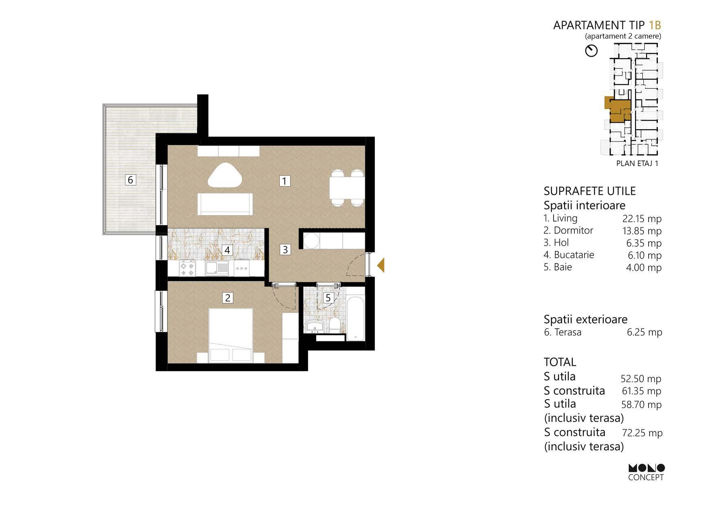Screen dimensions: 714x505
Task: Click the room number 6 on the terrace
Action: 130,180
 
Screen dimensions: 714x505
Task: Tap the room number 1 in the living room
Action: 285,180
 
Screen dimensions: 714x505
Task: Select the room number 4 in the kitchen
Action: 227,250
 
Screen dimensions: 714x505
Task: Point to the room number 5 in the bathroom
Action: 328,298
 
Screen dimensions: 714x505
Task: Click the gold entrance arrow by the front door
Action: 381,266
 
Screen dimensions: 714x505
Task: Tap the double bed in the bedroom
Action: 231,336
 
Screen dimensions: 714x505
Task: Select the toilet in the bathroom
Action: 335,325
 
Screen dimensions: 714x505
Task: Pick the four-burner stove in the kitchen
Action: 188,268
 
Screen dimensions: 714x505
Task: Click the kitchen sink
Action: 217,268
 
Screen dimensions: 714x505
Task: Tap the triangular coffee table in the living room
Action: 225,176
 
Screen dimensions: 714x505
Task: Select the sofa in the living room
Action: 225,204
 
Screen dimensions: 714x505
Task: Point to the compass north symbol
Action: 591,51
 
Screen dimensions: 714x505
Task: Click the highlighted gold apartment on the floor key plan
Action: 617,110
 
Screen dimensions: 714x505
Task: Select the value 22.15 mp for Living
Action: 642,219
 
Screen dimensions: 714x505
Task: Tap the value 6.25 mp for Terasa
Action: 644,332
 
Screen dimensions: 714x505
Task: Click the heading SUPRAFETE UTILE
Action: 589,191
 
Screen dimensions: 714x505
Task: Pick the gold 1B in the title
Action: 655,25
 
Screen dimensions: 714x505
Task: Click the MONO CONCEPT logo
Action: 646,472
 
